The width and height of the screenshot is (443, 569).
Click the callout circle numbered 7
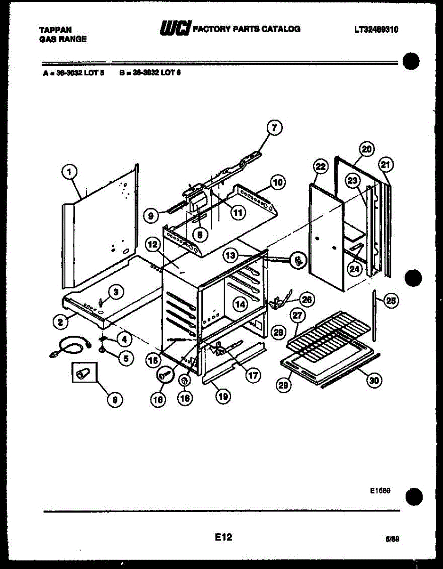tap(273, 128)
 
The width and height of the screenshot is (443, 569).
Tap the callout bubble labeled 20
tap(367, 149)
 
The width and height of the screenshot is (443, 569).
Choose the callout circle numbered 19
tap(222, 395)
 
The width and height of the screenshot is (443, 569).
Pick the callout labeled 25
tap(390, 300)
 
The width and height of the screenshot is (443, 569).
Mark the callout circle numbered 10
tap(277, 182)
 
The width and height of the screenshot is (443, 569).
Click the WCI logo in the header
tap(175, 29)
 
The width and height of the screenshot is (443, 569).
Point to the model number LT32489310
tap(376, 29)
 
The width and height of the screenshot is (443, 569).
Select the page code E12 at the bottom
tap(223, 537)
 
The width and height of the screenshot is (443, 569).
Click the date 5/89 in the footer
tap(393, 539)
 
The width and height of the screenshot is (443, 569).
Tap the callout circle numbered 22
tap(321, 166)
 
